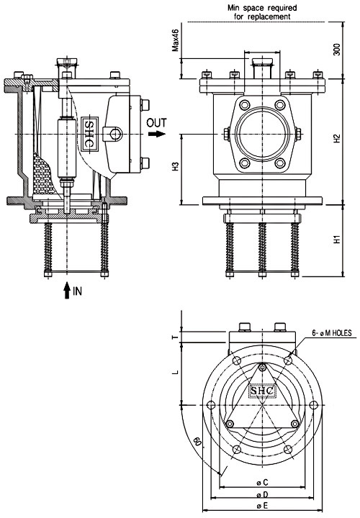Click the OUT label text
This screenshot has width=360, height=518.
click(156, 123)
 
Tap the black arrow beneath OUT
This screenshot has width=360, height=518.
click(157, 134)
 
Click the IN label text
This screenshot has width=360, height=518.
click(77, 291)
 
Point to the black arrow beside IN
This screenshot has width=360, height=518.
click(67, 290)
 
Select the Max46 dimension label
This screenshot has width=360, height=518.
click(175, 40)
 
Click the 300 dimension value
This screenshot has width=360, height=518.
click(336, 49)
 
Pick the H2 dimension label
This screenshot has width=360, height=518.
click(336, 138)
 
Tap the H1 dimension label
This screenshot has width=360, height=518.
click(336, 239)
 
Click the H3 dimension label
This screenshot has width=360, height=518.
click(175, 166)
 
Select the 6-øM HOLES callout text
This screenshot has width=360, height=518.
click(332, 333)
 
